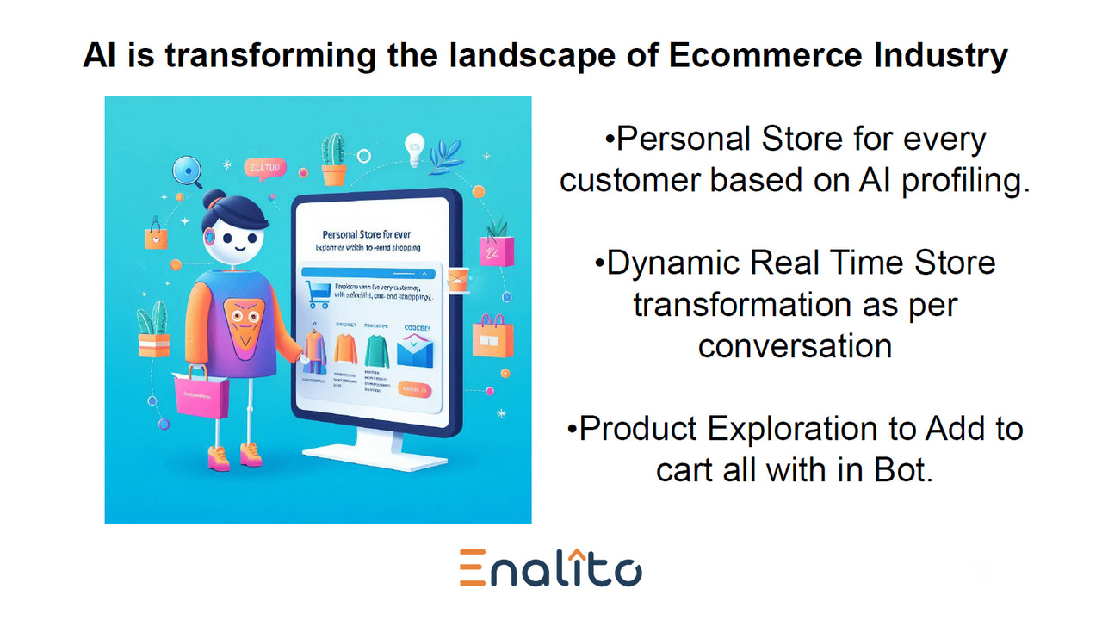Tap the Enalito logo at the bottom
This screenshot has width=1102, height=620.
[x=550, y=567]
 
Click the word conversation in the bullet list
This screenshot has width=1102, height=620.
[x=794, y=345]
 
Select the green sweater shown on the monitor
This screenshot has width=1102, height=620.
[x=376, y=352]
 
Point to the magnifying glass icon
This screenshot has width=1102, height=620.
[x=185, y=169]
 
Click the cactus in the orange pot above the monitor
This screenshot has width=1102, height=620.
[x=333, y=159]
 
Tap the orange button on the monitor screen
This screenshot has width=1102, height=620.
[x=416, y=390]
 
